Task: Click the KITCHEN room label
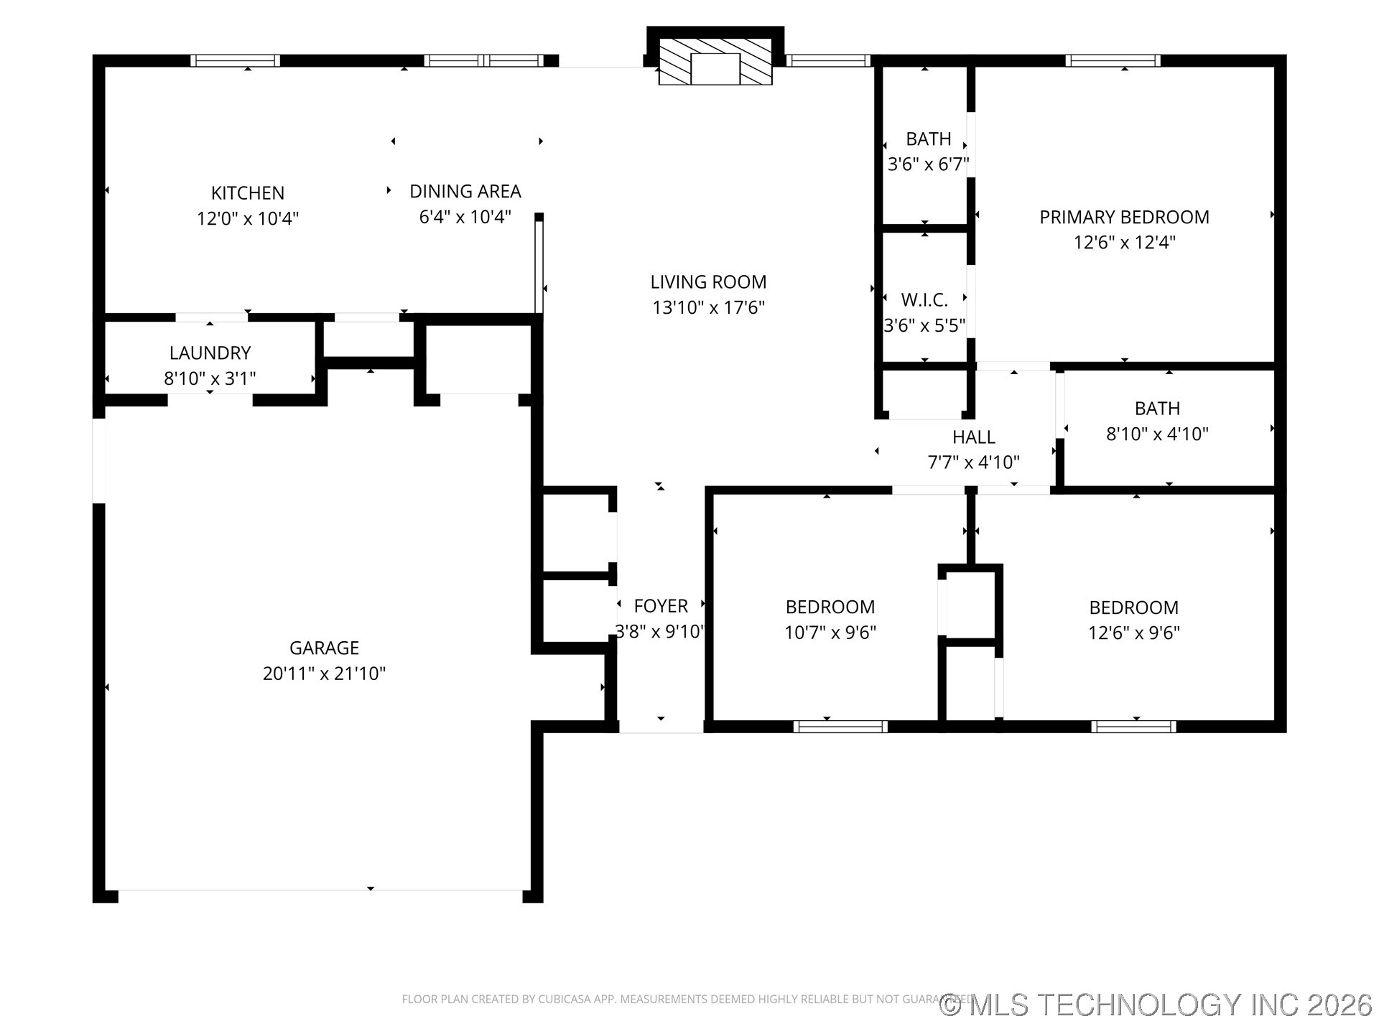pos(247,192)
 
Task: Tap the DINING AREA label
pos(465,191)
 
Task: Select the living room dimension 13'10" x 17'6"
pos(708,307)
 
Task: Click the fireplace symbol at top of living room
pos(715,62)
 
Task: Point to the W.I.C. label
pos(924,299)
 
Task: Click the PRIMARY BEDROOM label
pos(1124,217)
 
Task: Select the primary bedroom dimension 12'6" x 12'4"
pos(1124,242)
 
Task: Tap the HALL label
pos(973,437)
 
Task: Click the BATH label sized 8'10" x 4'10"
pos(1157,408)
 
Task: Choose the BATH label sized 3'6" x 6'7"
pos(928,139)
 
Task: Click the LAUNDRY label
pos(210,353)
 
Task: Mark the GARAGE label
pos(324,648)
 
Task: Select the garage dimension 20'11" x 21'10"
pos(324,674)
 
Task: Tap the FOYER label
pos(661,606)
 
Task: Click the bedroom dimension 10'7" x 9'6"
pos(830,633)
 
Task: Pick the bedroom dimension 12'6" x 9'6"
pos(1134,633)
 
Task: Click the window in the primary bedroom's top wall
pos(1113,61)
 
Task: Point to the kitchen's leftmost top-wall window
pos(235,61)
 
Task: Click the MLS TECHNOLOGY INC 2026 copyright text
pos(1156,1005)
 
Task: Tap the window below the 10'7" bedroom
pos(840,727)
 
